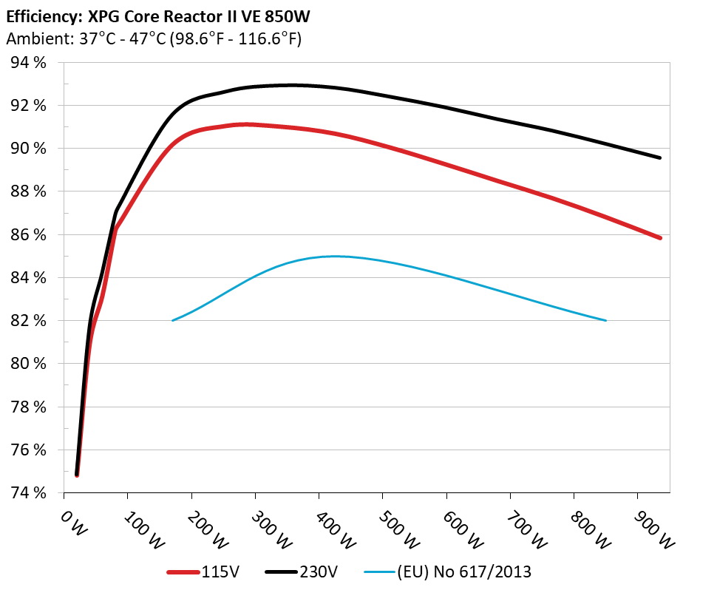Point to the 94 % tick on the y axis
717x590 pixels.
tap(29, 63)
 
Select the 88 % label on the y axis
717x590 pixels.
tap(29, 191)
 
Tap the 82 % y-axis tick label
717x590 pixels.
tap(29, 321)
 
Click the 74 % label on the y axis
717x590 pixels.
tap(29, 493)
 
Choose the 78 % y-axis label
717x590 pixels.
tap(29, 407)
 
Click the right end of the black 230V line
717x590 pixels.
tap(659, 157)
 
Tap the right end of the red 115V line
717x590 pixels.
tap(659, 238)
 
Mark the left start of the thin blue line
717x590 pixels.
tap(172, 320)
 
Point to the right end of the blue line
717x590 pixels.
tap(605, 320)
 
